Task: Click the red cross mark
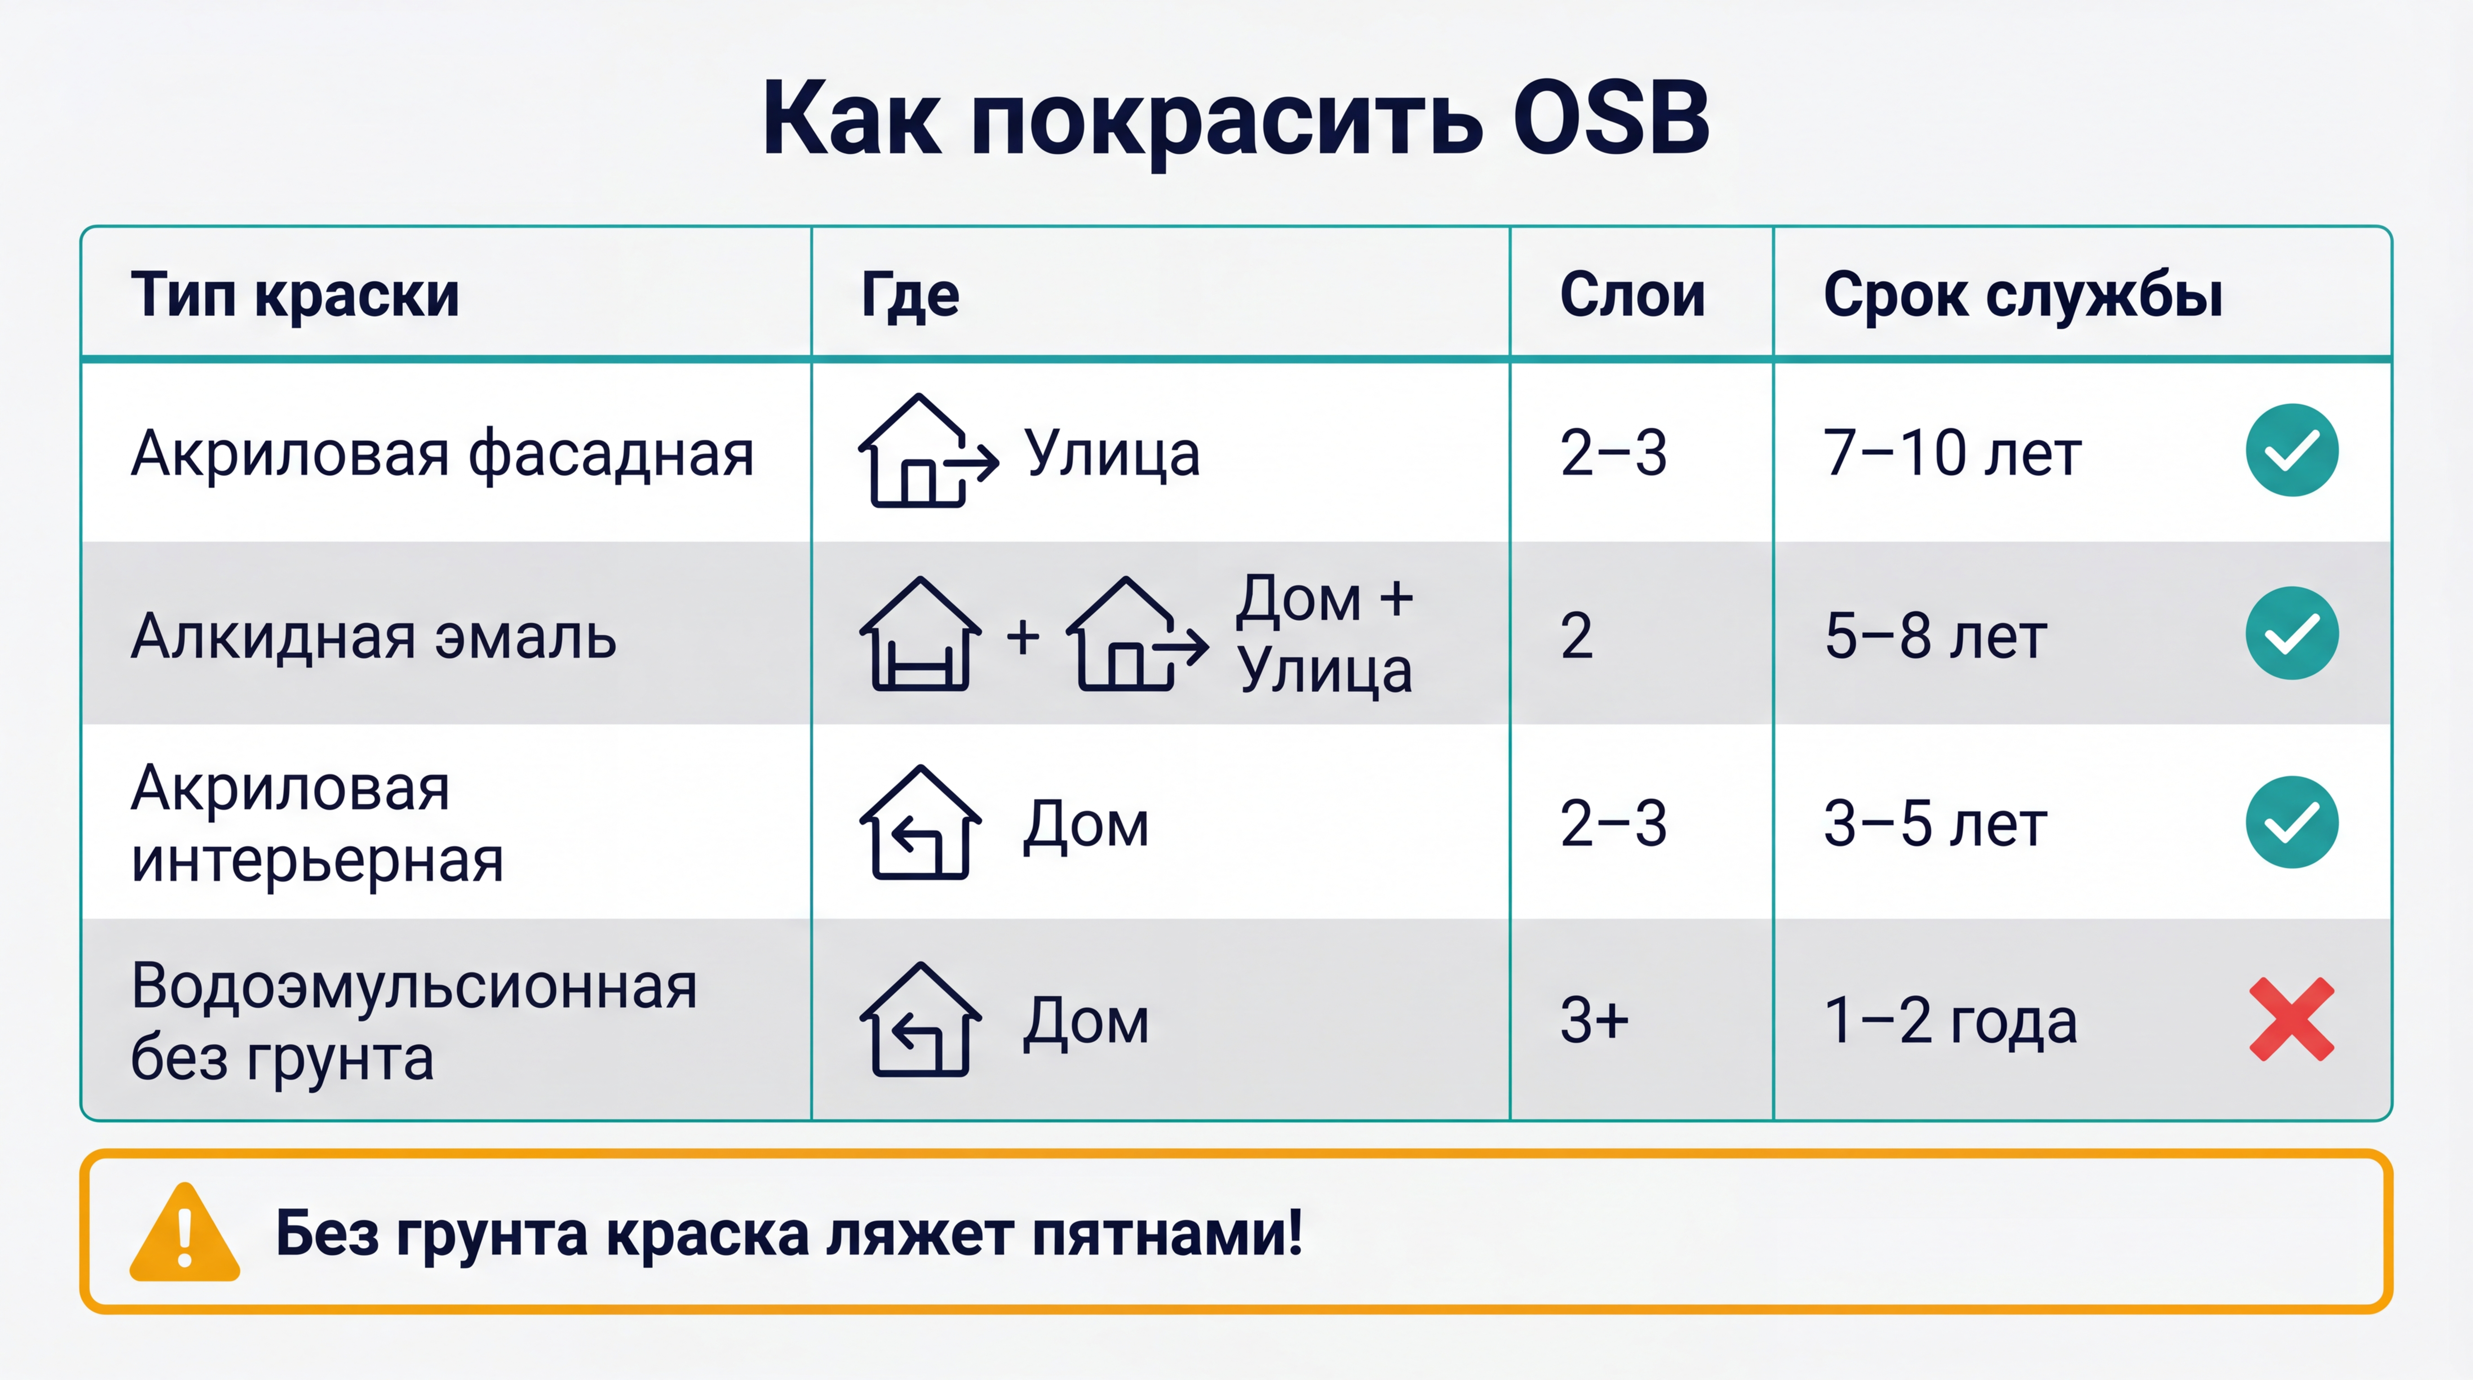pyautogui.click(x=2291, y=1019)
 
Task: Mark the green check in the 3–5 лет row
pyautogui.click(x=2291, y=823)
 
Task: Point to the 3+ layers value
pyautogui.click(x=1594, y=1019)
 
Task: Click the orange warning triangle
pyautogui.click(x=184, y=1233)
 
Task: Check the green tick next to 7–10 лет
pyautogui.click(x=2291, y=450)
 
